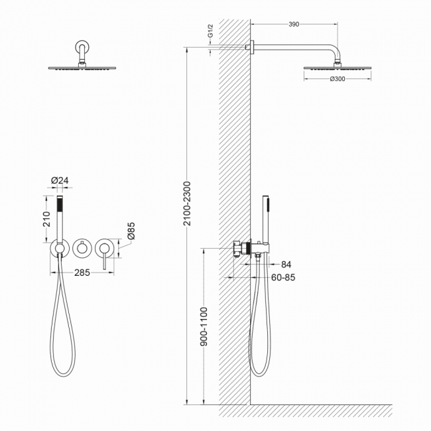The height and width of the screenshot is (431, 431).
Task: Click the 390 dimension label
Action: tap(294, 25)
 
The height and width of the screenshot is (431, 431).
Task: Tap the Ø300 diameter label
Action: tap(338, 79)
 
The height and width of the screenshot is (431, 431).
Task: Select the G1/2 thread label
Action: tap(210, 31)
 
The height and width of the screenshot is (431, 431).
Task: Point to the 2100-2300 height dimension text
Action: tap(187, 204)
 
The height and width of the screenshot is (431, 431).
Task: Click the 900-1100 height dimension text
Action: tap(204, 326)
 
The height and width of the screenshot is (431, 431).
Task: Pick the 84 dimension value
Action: tap(286, 265)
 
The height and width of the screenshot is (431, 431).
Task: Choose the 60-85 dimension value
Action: tap(283, 277)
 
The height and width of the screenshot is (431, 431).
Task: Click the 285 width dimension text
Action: tap(82, 273)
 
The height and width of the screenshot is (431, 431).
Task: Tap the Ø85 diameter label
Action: tap(131, 231)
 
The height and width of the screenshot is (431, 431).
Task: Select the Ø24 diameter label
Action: tap(60, 180)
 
